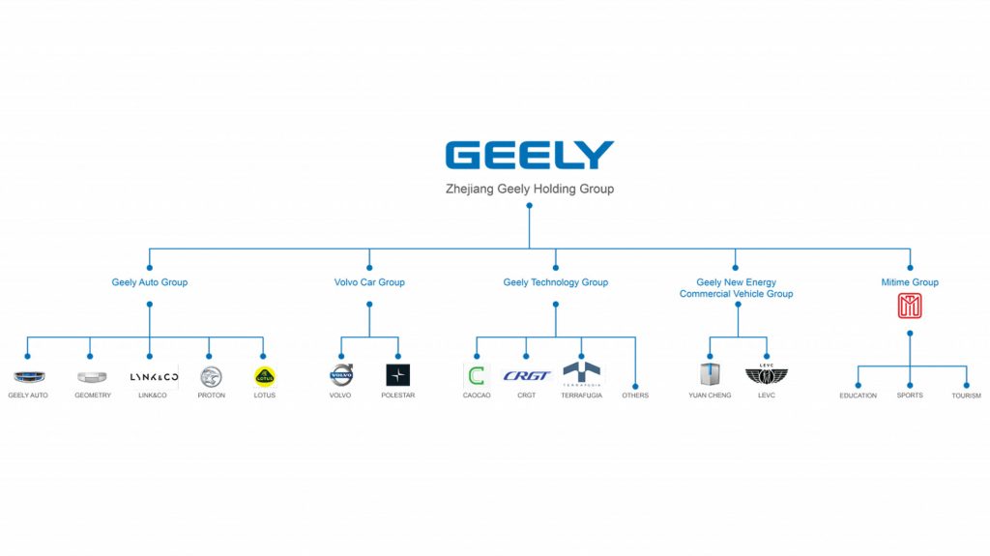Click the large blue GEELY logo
coord(529,156)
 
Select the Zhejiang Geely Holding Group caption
coord(529,190)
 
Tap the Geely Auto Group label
coord(149,282)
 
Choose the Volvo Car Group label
coord(369,282)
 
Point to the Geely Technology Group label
coord(555,282)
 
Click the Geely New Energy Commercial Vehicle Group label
coord(736,288)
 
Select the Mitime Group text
coord(910,282)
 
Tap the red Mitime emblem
coord(910,307)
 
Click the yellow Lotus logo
coord(264,376)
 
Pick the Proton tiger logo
coord(210,376)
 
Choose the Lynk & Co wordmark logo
coord(154,376)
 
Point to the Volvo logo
coord(341,375)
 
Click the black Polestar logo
coord(397,375)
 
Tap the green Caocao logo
coord(477,376)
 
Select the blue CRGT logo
coord(528,376)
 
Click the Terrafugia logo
coord(581,373)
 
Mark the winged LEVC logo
coord(766,375)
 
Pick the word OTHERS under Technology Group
coord(635,395)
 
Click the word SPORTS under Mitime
coord(910,395)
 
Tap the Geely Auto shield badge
coord(28,377)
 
